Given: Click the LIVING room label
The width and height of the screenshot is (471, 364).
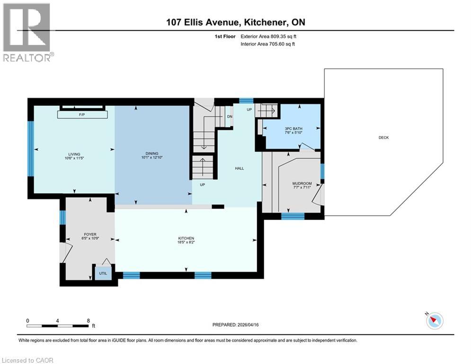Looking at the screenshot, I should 74,154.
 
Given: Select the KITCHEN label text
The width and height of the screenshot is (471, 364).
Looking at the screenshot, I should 186,238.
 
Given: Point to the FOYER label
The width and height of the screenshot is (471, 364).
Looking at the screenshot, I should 90,234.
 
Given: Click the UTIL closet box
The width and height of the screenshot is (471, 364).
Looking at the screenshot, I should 102,273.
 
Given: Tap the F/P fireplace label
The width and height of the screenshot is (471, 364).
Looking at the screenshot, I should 81,114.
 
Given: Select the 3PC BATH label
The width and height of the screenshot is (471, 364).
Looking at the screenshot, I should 293,128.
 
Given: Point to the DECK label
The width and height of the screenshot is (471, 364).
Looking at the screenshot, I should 383,137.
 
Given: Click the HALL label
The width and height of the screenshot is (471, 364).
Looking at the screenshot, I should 240,168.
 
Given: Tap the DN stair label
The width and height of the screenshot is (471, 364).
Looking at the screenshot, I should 230,117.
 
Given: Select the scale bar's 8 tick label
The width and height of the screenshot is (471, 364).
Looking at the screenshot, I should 89,320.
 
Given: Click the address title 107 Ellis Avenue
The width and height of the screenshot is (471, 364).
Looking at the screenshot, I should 205,22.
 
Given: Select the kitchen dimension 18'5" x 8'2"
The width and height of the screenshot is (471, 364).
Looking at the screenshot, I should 186,243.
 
